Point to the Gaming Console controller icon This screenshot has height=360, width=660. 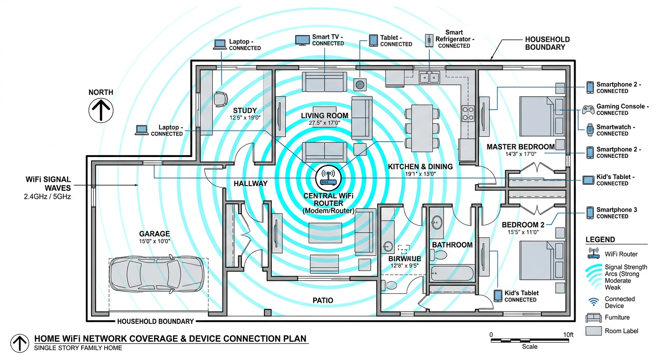click(588, 110)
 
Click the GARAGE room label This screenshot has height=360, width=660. click(154, 234)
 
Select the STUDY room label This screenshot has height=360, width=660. click(245, 111)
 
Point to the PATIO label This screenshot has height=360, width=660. click(322, 300)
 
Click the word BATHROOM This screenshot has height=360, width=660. click(452, 245)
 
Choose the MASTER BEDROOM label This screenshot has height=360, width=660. click(520, 147)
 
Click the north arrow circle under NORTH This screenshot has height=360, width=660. click(101, 111)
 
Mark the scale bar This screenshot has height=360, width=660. click(532, 339)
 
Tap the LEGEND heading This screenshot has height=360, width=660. click(600, 240)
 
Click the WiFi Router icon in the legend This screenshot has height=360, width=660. click(593, 254)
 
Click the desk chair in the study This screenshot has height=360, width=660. click(220, 99)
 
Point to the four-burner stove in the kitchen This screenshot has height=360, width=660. click(469, 113)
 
